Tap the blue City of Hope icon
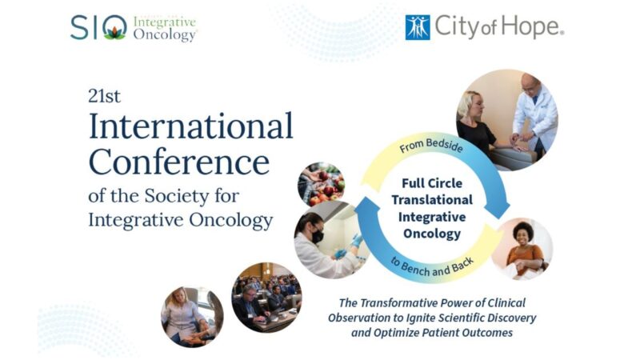click(418, 28)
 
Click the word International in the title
click(190, 126)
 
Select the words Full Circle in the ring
click(432, 183)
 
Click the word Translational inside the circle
click(432, 200)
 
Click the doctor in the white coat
click(534, 108)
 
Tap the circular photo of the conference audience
click(266, 297)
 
